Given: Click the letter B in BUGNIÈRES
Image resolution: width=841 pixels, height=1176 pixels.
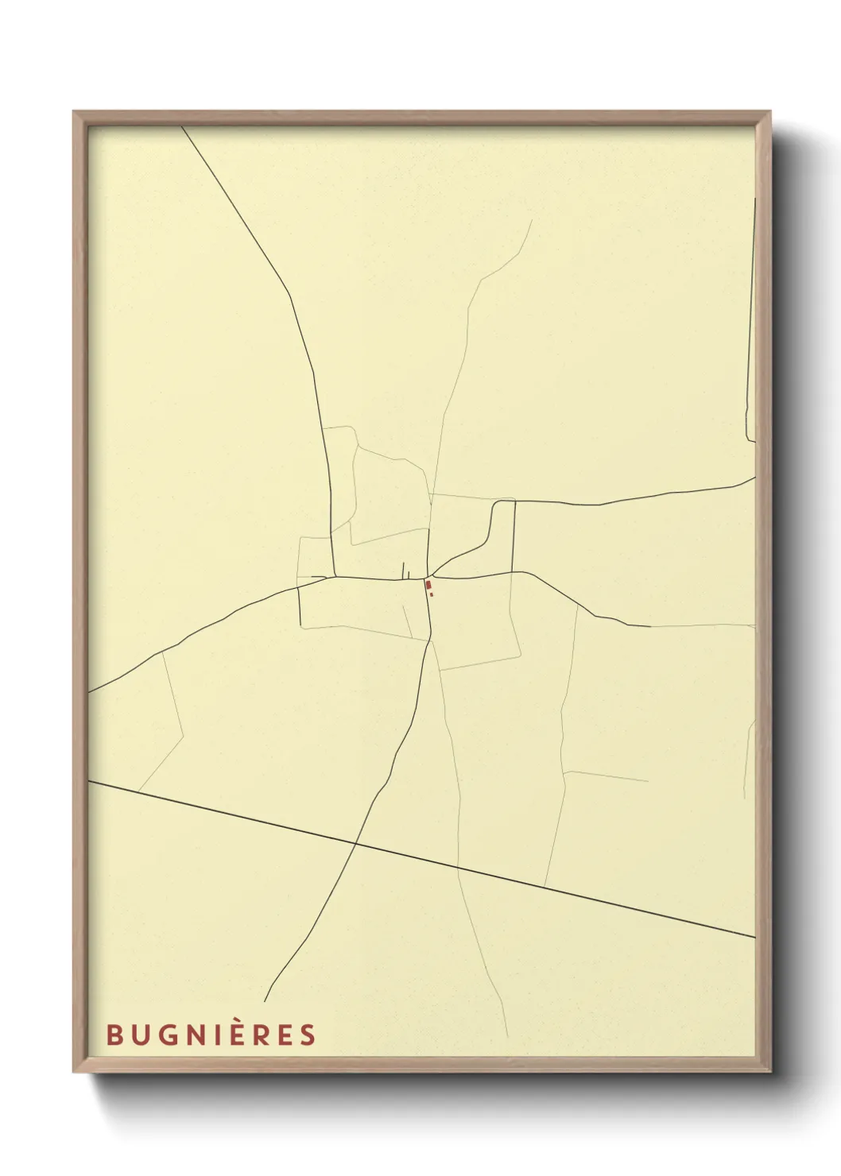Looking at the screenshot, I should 114,1035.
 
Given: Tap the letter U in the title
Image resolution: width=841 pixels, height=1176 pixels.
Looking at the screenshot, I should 140,1035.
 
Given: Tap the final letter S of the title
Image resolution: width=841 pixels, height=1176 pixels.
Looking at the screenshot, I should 308,1035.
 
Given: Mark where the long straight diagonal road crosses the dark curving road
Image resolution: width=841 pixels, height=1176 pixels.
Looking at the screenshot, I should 355,845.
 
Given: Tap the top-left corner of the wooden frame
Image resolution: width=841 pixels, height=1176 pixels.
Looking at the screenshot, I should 74,112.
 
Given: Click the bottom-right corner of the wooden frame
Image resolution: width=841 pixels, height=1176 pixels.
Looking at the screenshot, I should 770,1072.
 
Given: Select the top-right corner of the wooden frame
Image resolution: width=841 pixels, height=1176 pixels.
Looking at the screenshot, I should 770,112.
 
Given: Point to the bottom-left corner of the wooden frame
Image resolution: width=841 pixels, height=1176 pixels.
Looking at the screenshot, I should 74,1072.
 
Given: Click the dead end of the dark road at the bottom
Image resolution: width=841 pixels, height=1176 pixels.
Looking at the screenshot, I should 265,1001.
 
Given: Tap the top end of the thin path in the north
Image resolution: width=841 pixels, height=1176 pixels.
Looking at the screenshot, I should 531,221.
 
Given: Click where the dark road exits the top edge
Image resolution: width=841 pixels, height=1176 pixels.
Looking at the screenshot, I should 182,126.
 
